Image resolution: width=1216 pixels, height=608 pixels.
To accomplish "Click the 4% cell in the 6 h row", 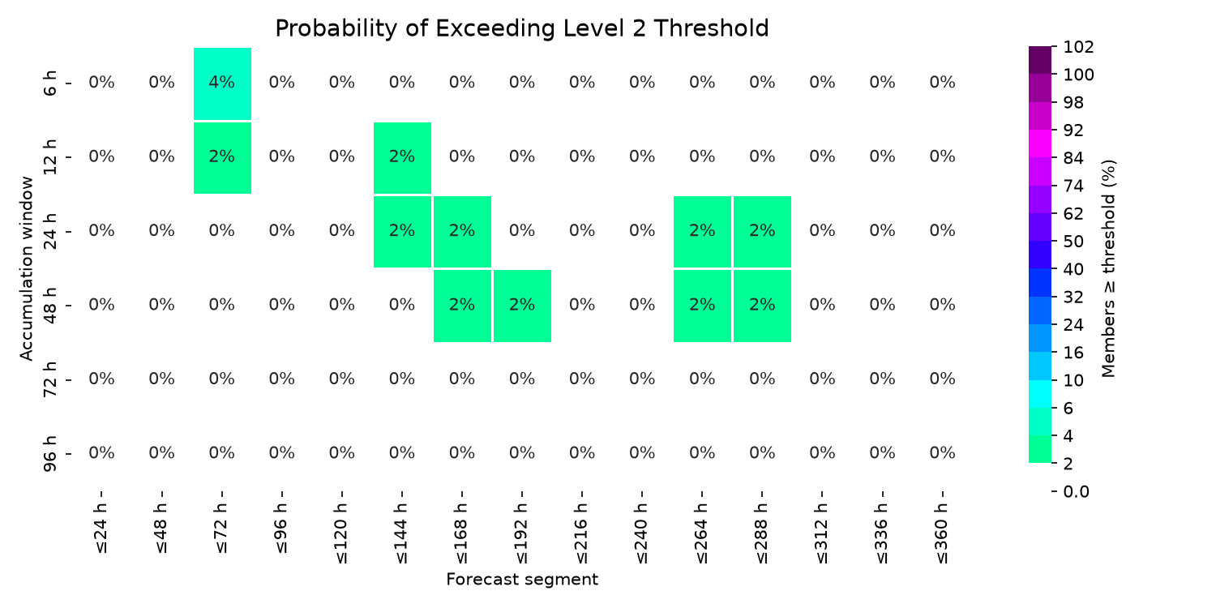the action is click(222, 83).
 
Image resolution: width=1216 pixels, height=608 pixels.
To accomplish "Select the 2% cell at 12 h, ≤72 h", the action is click(222, 157).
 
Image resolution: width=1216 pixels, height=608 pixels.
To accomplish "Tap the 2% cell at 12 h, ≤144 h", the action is click(402, 157).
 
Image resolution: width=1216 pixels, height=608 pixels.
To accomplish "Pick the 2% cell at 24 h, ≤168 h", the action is click(463, 232).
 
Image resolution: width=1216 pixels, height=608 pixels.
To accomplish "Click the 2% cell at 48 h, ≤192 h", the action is click(522, 306).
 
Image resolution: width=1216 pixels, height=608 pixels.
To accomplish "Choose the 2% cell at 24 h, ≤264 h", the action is click(703, 232).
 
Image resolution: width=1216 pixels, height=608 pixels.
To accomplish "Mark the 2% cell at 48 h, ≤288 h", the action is click(762, 306).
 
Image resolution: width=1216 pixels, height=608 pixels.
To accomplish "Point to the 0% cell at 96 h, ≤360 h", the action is click(942, 452).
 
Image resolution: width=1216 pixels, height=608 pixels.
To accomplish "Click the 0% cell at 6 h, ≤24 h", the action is click(101, 83).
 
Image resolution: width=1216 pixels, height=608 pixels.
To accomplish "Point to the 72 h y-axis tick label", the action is click(49, 379).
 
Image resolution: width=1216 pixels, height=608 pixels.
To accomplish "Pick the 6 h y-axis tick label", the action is click(49, 83).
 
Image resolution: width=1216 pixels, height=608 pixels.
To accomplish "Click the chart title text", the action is click(522, 28).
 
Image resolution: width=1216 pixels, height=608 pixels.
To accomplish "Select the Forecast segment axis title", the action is click(522, 580).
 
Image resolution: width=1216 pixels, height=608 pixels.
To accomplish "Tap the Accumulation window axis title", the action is click(27, 268).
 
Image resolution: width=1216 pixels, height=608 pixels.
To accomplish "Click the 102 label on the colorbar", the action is click(1079, 47).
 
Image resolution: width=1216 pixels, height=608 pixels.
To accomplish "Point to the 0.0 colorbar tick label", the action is click(1076, 491).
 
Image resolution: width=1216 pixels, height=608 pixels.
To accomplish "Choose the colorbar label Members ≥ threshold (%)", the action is click(1108, 268).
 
